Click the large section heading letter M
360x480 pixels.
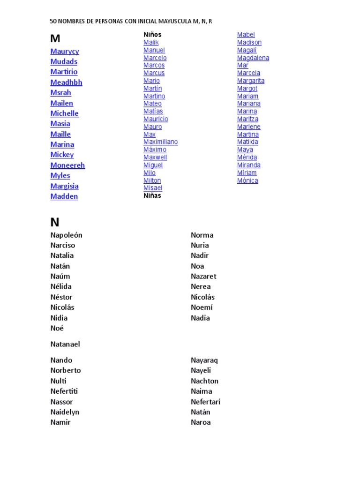pyautogui.click(x=55, y=39)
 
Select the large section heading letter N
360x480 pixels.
pyautogui.click(x=55, y=222)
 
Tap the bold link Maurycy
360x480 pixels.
pyautogui.click(x=65, y=51)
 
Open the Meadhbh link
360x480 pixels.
pyautogui.click(x=66, y=82)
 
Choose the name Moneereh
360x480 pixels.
pyautogui.click(x=67, y=165)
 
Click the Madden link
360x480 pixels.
pyautogui.click(x=64, y=196)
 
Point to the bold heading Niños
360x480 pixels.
pyautogui.click(x=152, y=35)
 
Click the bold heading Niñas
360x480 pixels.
pyautogui.click(x=152, y=195)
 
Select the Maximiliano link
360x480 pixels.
pyautogui.click(x=160, y=142)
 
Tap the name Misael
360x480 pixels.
pyautogui.click(x=153, y=188)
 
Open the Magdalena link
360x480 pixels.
pyautogui.click(x=253, y=58)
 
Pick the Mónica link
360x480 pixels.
pyautogui.click(x=247, y=180)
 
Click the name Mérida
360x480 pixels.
pyautogui.click(x=247, y=157)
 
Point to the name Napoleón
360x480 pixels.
pyautogui.click(x=66, y=235)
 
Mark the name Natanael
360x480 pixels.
pyautogui.click(x=65, y=344)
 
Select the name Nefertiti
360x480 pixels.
pyautogui.click(x=64, y=391)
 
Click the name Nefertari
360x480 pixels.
pyautogui.click(x=205, y=402)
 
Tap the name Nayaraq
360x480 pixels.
pyautogui.click(x=204, y=360)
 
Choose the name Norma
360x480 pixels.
pyautogui.click(x=202, y=235)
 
